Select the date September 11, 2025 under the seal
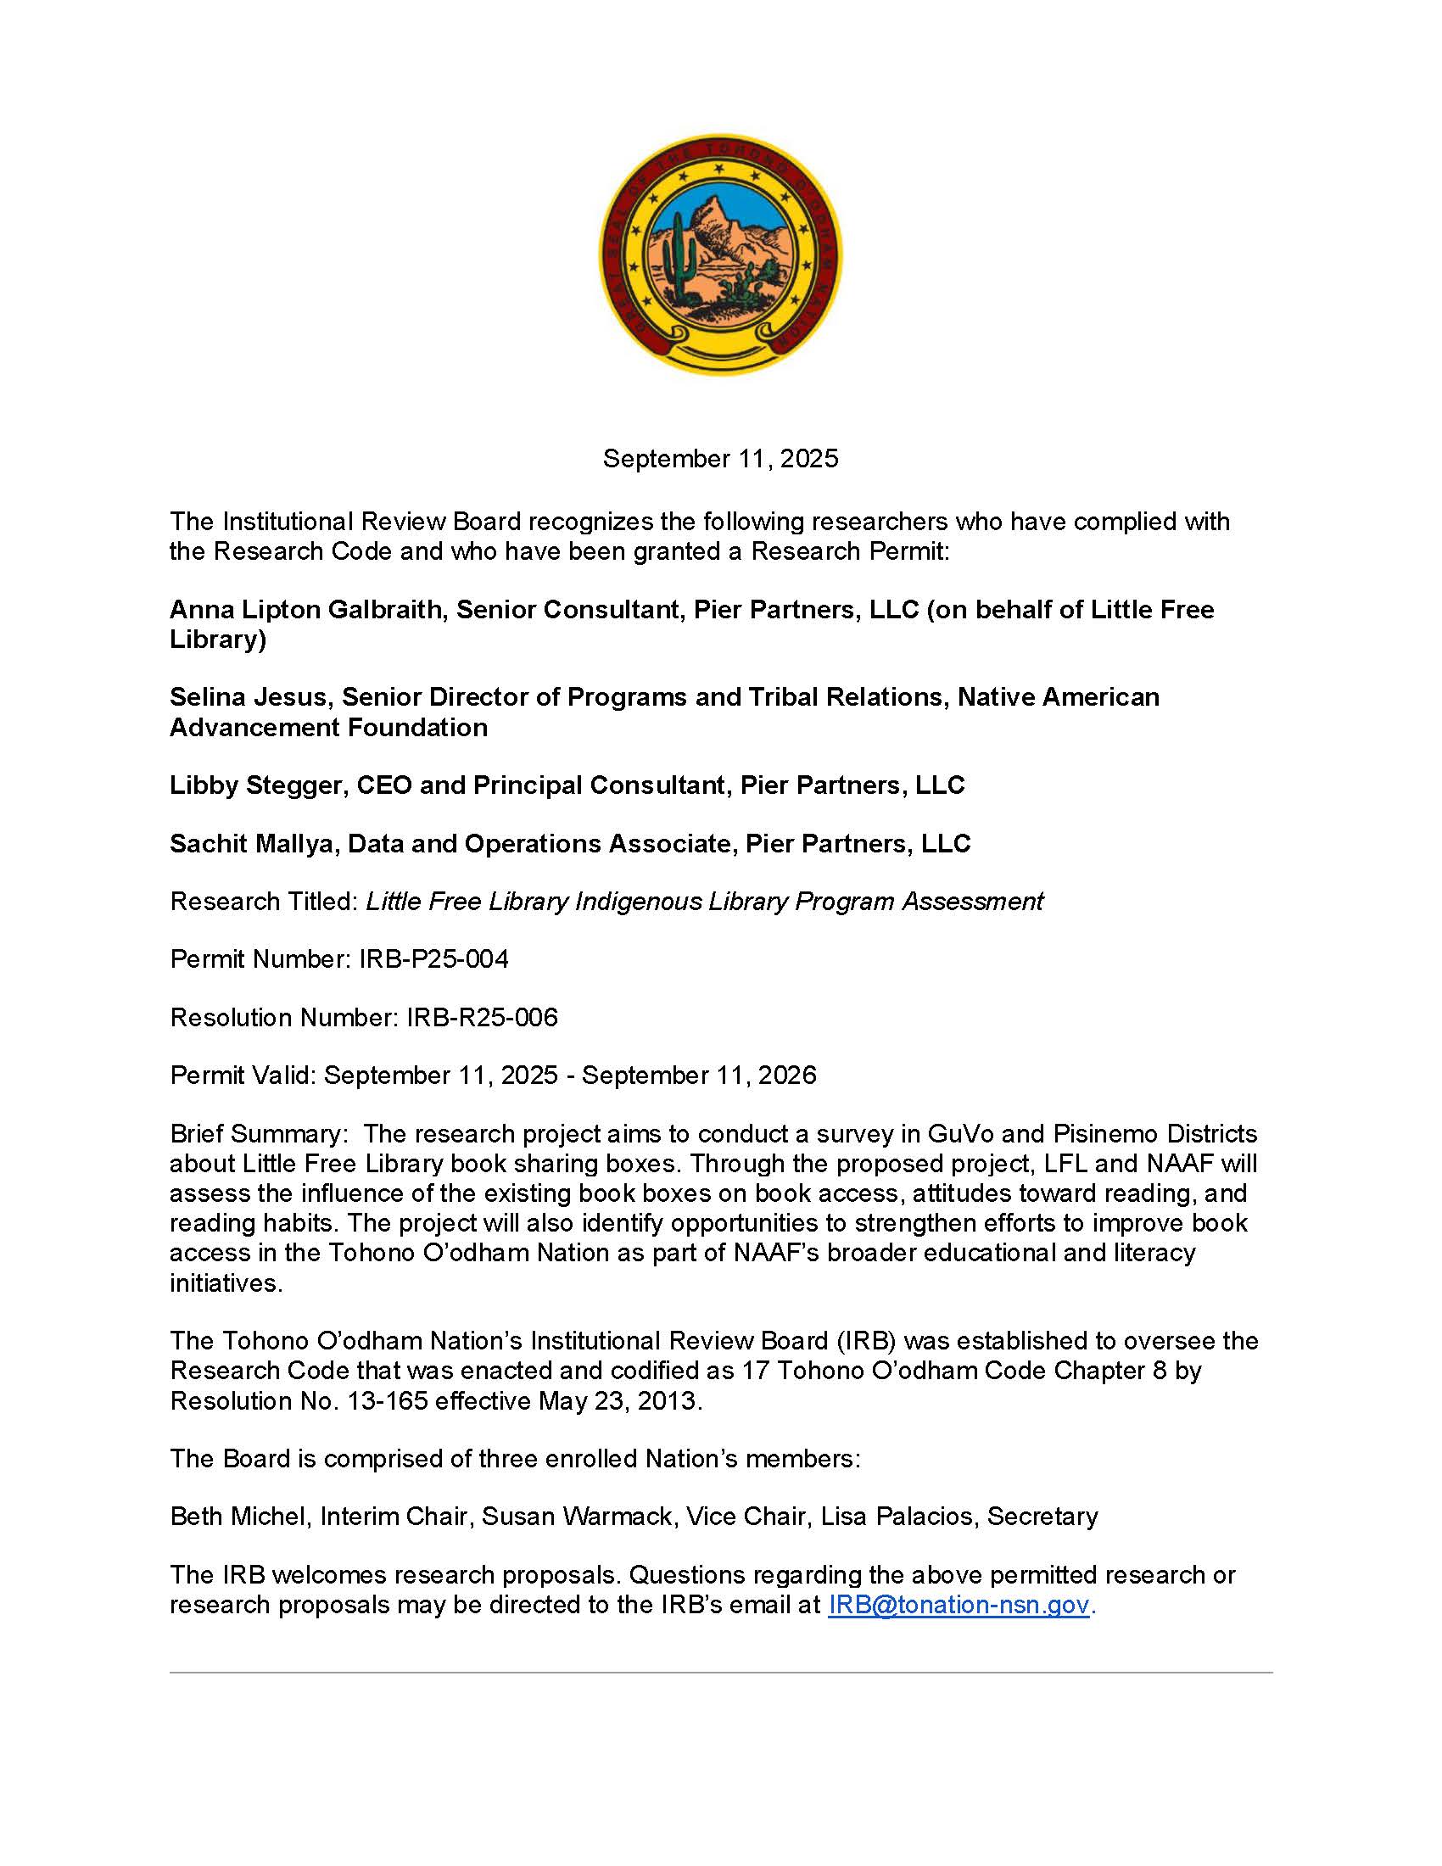click(720, 459)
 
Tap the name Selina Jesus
click(249, 697)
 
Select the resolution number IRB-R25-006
click(482, 1018)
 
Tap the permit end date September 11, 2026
click(699, 1075)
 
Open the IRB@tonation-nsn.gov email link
click(959, 1605)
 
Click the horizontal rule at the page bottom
click(720, 1672)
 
